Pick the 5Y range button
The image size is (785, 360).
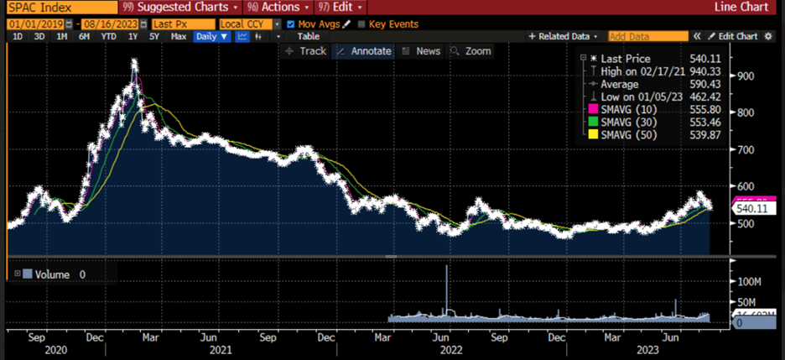click(153, 37)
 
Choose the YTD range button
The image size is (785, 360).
click(108, 37)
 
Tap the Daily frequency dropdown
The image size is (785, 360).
click(211, 37)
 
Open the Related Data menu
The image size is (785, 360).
click(563, 37)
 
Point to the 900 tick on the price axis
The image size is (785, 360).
click(745, 76)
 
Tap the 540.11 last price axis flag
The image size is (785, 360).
click(751, 208)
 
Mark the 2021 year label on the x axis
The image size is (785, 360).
click(220, 349)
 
